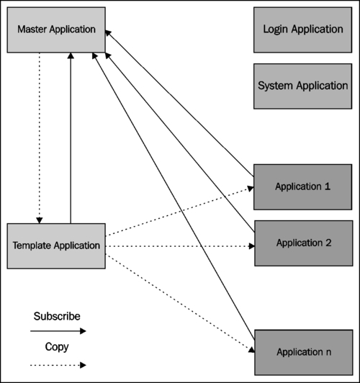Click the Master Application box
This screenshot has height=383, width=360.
56,30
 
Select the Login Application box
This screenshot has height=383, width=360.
303,30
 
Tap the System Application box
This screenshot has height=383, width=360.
303,86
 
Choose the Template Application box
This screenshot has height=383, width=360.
56,246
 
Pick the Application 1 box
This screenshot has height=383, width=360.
303,187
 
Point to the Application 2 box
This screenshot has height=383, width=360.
304,243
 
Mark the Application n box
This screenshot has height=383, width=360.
304,353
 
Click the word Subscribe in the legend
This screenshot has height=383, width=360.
57,316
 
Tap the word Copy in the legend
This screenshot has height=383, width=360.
57,347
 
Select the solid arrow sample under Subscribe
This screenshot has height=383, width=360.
58,331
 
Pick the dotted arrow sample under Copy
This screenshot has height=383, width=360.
58,366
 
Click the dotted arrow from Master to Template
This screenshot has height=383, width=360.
40,138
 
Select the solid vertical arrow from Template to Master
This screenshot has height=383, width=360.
71,138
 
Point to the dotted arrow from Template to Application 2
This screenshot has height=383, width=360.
180,246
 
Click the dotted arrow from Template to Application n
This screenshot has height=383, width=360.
180,303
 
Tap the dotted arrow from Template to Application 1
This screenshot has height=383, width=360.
179,212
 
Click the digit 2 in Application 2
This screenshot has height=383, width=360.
328,243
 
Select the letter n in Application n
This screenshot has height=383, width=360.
328,353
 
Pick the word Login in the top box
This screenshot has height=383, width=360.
275,30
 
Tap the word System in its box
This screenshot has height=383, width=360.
275,86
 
